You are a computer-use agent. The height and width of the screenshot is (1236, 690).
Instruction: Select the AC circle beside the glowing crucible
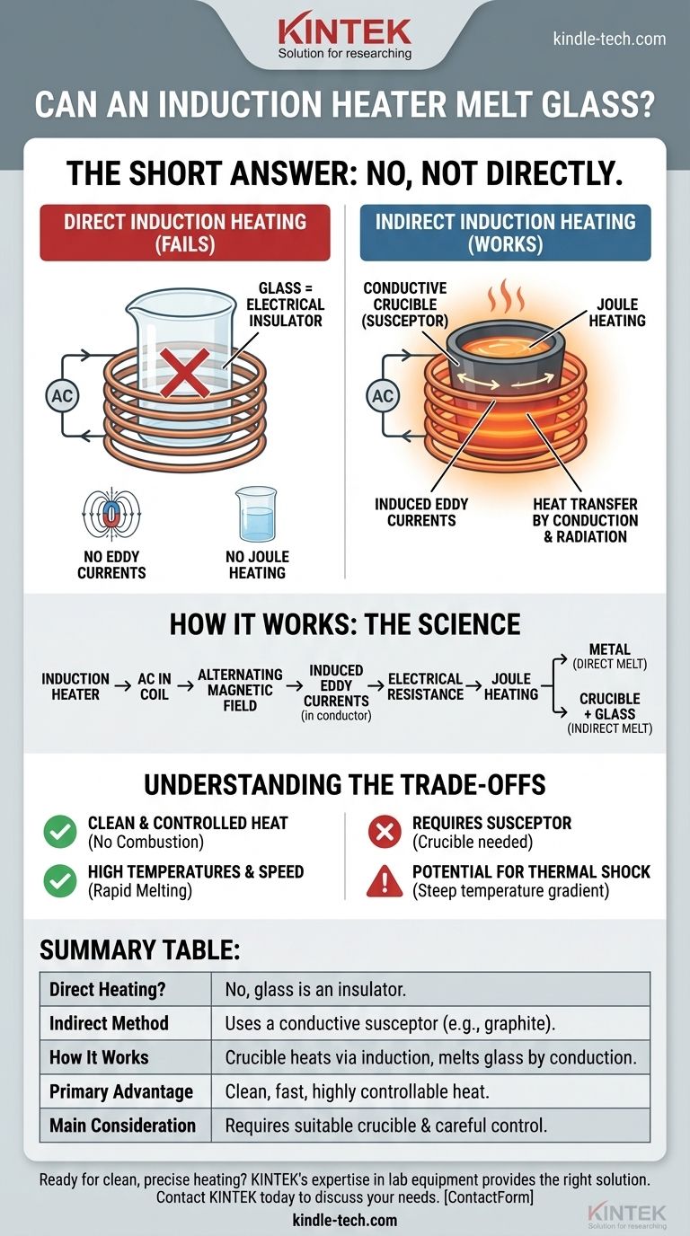click(383, 395)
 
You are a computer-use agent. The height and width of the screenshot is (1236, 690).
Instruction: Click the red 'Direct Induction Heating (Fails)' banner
click(185, 233)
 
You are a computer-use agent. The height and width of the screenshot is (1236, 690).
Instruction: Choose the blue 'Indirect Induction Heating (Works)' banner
click(505, 233)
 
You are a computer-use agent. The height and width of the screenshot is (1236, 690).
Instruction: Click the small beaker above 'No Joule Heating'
click(256, 515)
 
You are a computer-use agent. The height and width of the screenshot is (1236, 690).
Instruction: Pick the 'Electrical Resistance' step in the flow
click(426, 686)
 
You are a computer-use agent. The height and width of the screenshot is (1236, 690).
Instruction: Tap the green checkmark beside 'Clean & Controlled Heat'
click(60, 832)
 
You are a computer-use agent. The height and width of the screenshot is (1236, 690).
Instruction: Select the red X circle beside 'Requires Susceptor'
click(385, 832)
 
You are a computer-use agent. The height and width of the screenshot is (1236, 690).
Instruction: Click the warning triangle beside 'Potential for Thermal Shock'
click(385, 881)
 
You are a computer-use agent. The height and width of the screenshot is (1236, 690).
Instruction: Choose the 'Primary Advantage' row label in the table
click(121, 1091)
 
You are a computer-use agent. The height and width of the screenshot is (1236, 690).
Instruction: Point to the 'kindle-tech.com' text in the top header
click(610, 39)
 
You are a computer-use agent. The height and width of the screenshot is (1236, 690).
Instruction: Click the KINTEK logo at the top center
click(345, 37)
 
